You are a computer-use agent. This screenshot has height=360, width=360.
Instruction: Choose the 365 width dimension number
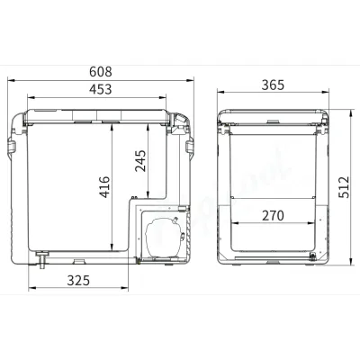click(273, 85)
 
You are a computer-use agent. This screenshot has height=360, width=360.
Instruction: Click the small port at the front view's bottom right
click(311, 257)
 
